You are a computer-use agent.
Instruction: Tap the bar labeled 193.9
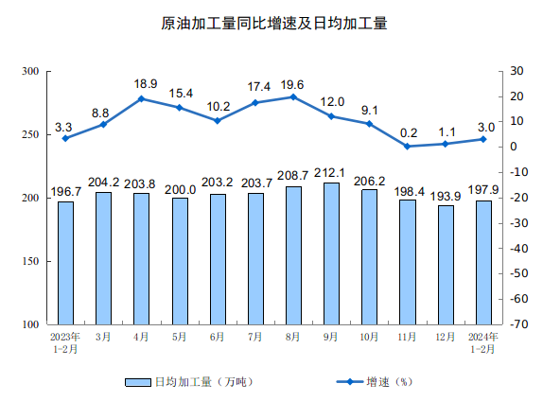coord(446,265)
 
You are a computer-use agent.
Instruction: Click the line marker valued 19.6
coord(293,96)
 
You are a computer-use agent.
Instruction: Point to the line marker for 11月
coord(408,146)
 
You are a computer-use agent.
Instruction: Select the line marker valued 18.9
coord(141,98)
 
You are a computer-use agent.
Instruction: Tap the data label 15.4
coord(180,93)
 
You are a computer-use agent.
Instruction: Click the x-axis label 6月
coord(218,336)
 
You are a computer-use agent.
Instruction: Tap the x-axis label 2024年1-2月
coord(483,341)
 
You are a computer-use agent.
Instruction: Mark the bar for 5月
coord(180,261)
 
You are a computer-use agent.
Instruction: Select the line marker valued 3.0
coord(483,139)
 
